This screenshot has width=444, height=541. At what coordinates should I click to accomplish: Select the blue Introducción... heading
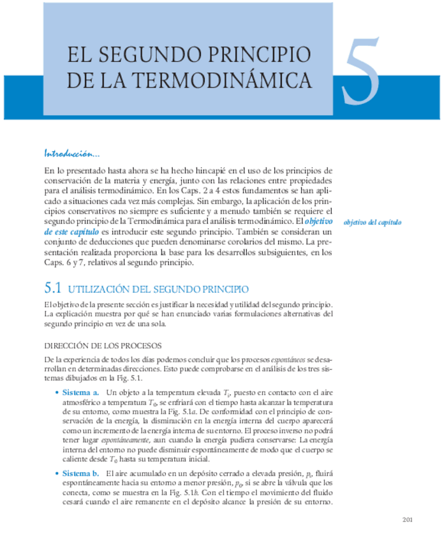point(71,154)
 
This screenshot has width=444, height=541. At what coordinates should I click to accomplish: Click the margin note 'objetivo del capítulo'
point(372,222)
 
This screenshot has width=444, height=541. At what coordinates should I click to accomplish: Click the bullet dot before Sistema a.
point(57,393)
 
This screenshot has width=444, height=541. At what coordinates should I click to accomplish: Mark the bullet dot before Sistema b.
point(57,474)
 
